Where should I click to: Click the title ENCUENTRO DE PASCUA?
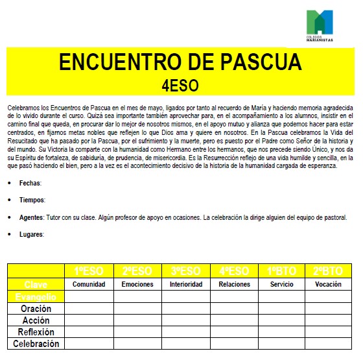(x=180, y=62)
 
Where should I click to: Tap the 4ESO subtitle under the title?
(x=180, y=85)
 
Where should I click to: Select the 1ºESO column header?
(x=89, y=271)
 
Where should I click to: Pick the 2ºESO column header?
(x=137, y=271)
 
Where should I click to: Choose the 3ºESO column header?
(x=186, y=271)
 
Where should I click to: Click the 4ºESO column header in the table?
(x=234, y=271)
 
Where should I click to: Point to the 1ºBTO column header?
(x=282, y=271)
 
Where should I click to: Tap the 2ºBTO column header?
(x=328, y=271)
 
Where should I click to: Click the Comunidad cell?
(x=89, y=284)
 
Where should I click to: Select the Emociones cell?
(x=137, y=284)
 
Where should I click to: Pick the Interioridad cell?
(x=186, y=284)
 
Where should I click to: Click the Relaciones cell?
(x=234, y=284)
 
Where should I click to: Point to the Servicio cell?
(x=282, y=284)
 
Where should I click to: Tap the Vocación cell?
(x=328, y=284)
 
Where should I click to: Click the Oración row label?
(x=36, y=309)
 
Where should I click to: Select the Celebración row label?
(x=36, y=344)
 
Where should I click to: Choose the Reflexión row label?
(x=36, y=332)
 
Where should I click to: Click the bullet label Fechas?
(x=30, y=184)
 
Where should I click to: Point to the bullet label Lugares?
(x=32, y=234)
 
